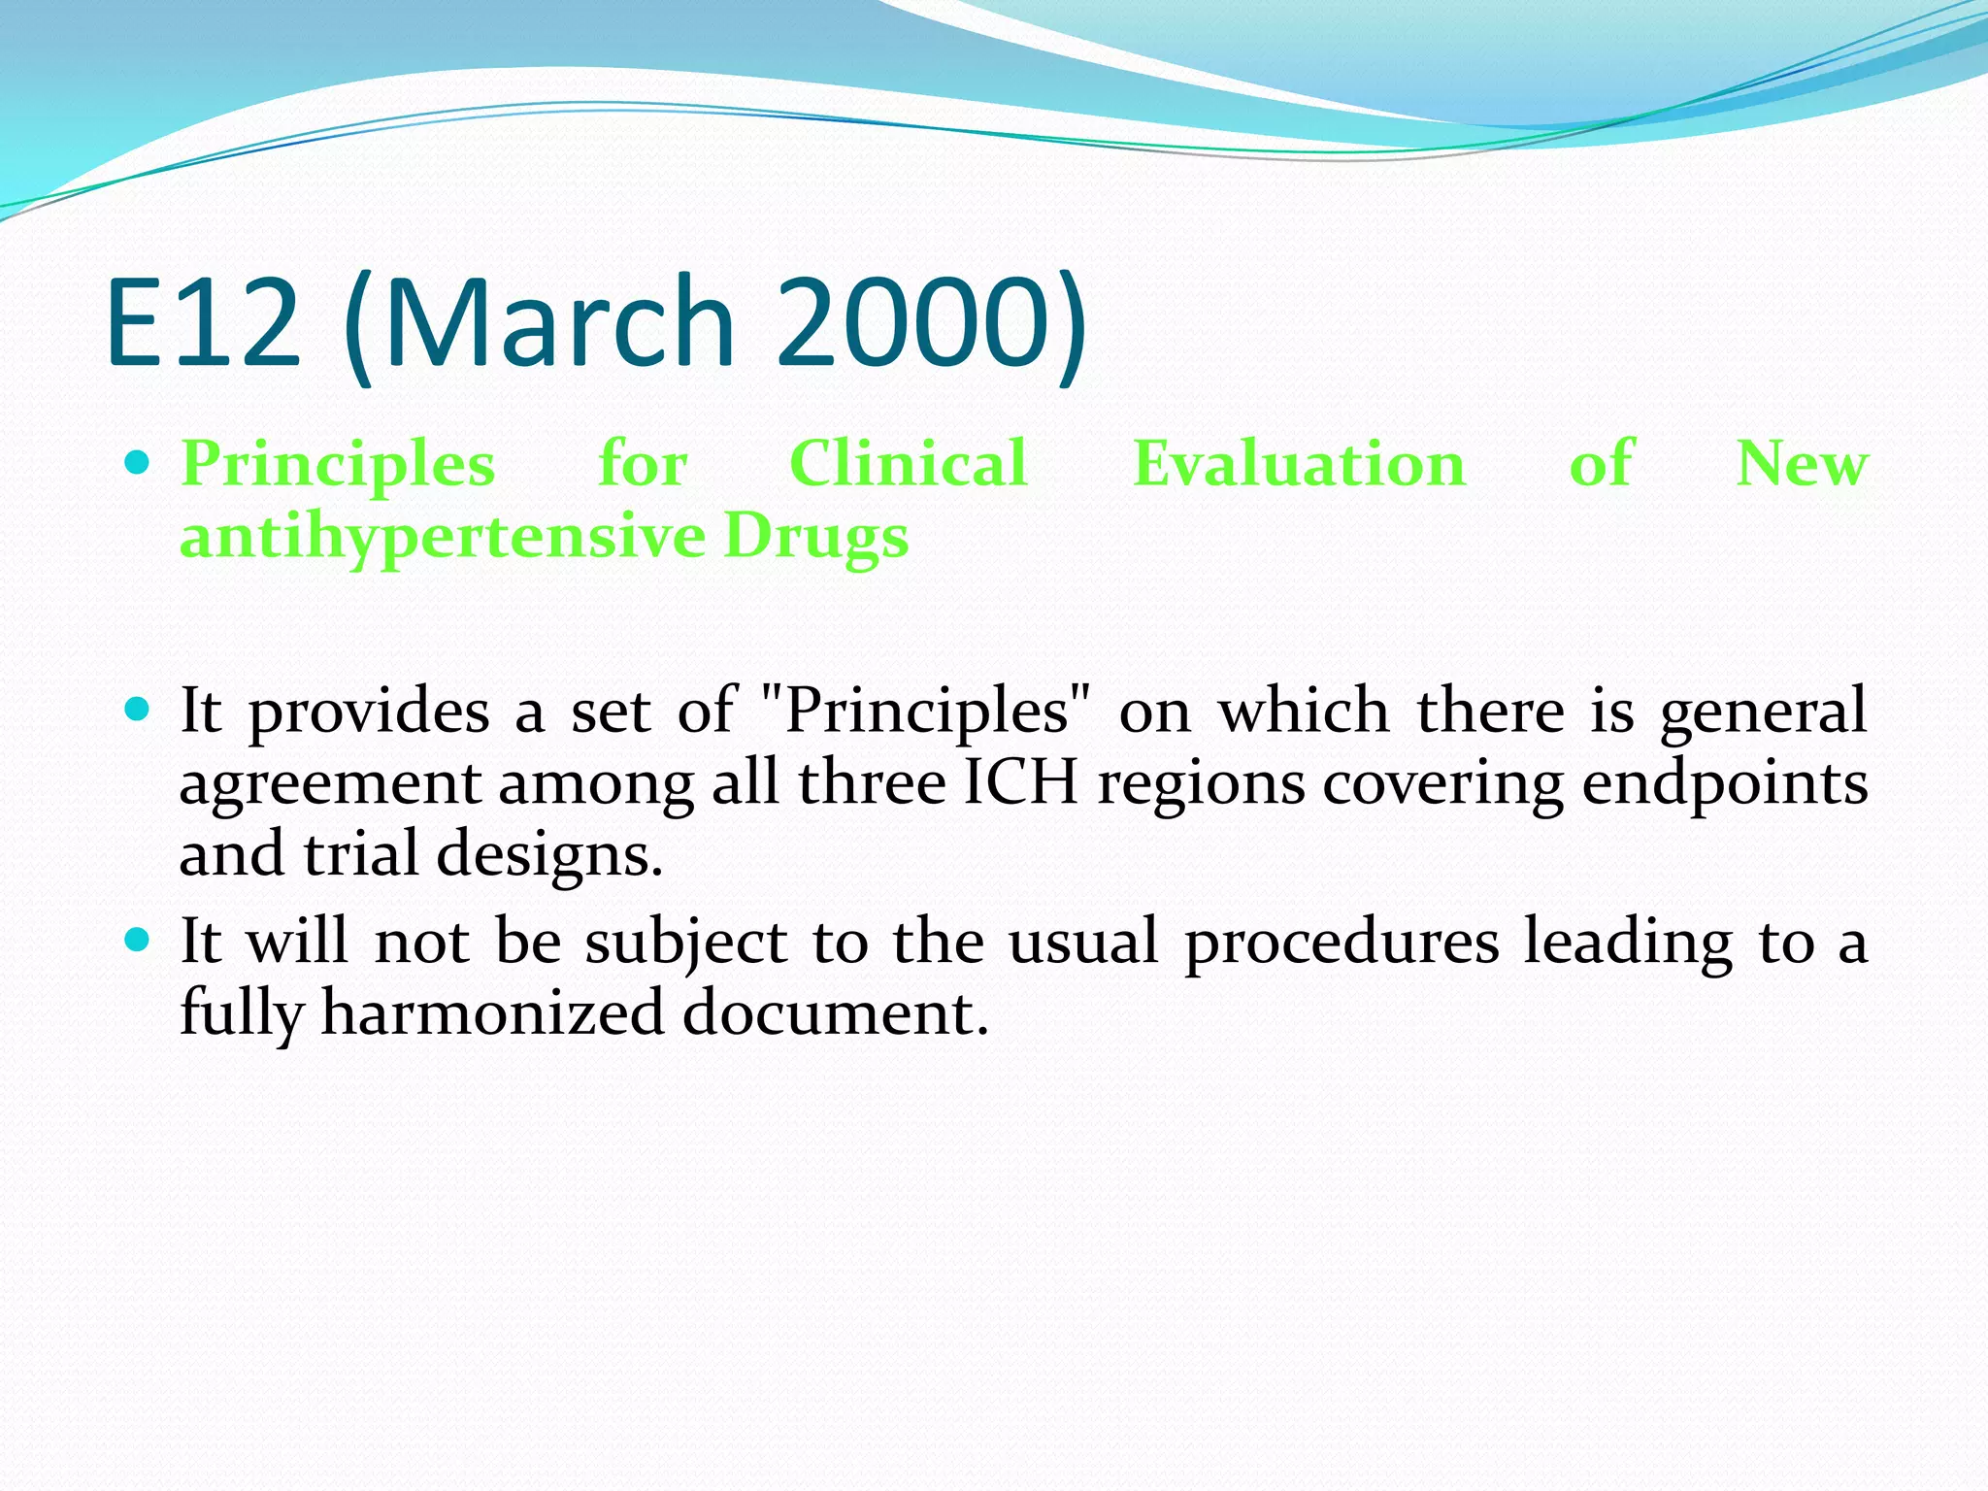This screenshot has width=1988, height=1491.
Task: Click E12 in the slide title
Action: [204, 322]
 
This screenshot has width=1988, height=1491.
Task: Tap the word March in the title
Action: [559, 322]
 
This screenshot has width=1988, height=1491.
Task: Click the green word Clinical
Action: [908, 463]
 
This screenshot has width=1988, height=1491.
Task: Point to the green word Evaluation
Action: [1299, 463]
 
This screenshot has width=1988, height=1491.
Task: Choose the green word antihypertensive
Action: [442, 537]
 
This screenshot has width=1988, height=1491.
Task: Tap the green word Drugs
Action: [815, 537]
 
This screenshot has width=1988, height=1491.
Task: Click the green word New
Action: [1801, 463]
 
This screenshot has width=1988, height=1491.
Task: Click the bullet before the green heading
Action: [138, 462]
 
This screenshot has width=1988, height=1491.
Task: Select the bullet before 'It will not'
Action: [138, 940]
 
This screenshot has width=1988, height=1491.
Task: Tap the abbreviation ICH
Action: [1020, 782]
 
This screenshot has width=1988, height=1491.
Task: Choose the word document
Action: [835, 1013]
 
